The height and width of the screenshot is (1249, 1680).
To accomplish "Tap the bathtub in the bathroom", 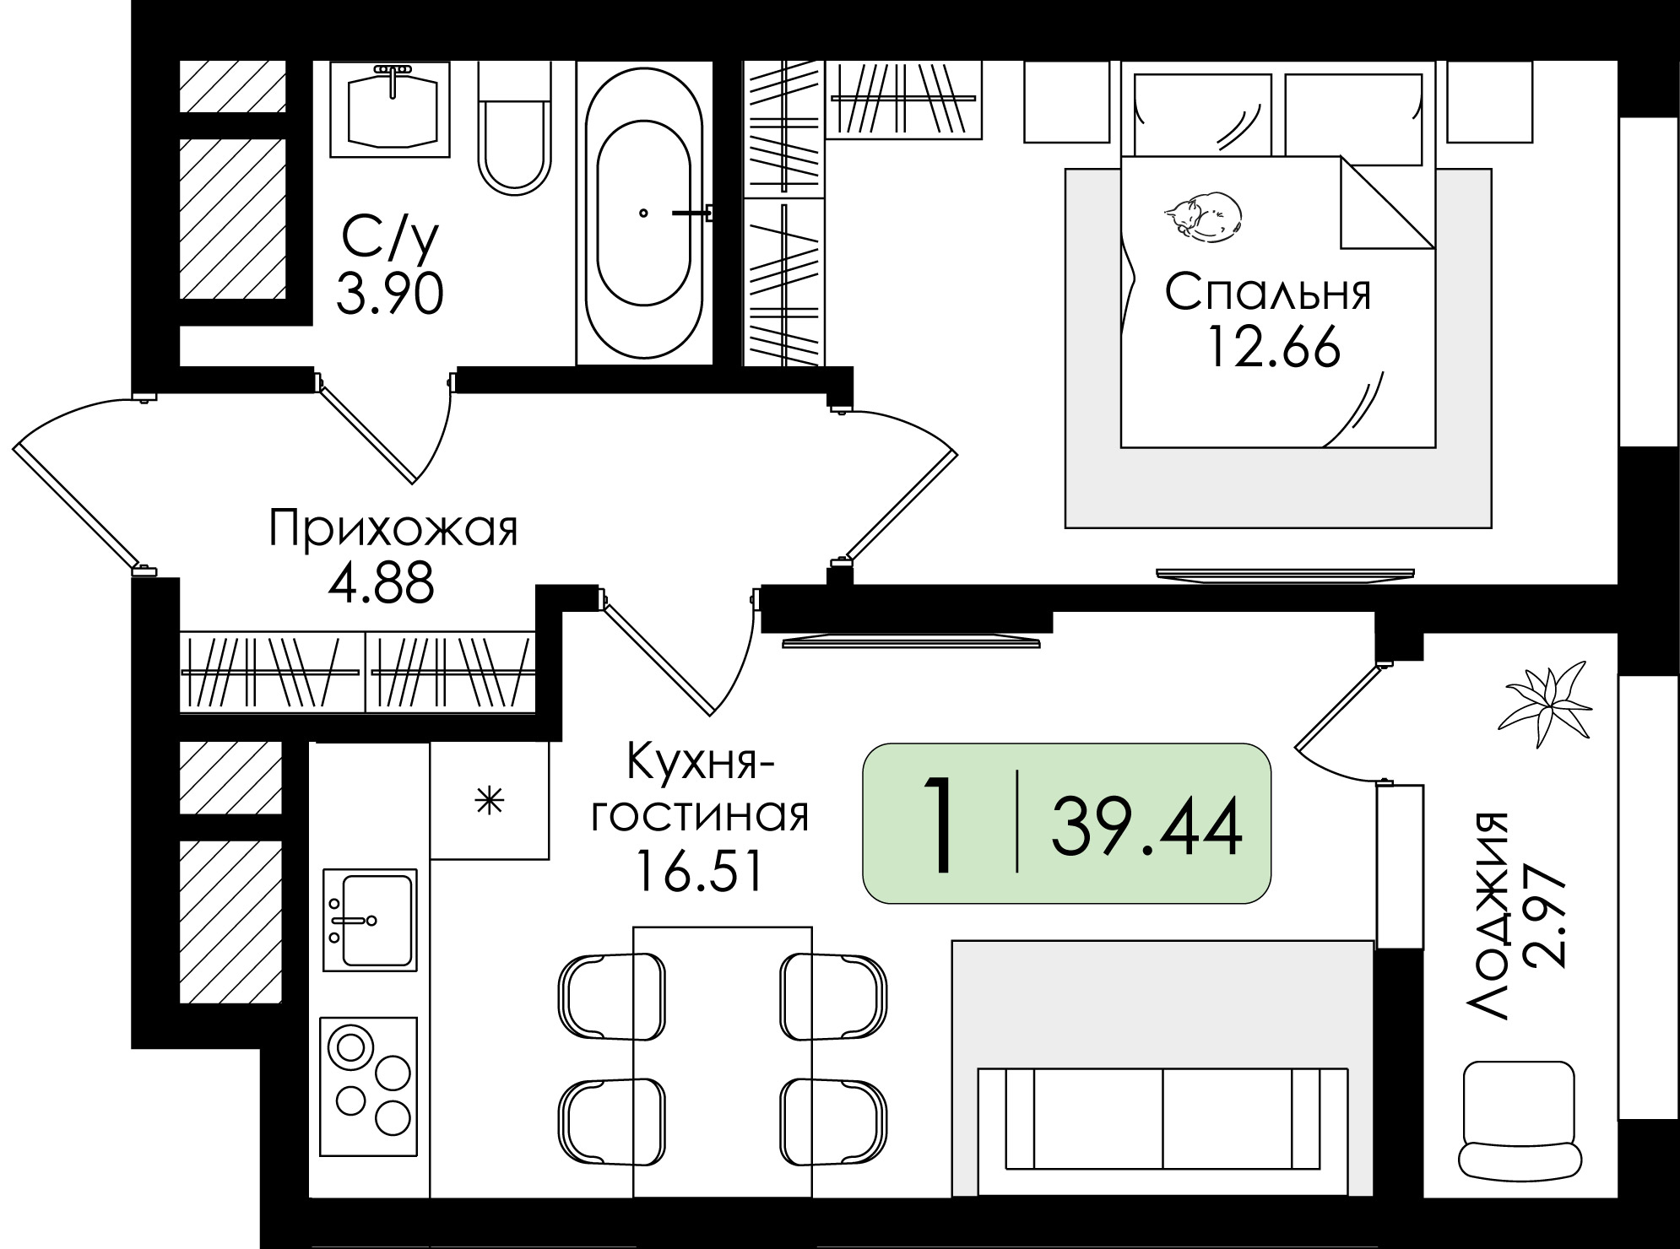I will [644, 215].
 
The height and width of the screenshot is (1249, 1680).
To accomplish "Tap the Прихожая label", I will [393, 530].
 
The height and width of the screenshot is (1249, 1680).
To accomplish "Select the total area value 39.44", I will [1146, 827].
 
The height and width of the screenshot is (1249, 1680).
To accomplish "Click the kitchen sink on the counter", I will [370, 918].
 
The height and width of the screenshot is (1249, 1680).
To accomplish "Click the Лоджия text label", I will [1488, 916].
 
